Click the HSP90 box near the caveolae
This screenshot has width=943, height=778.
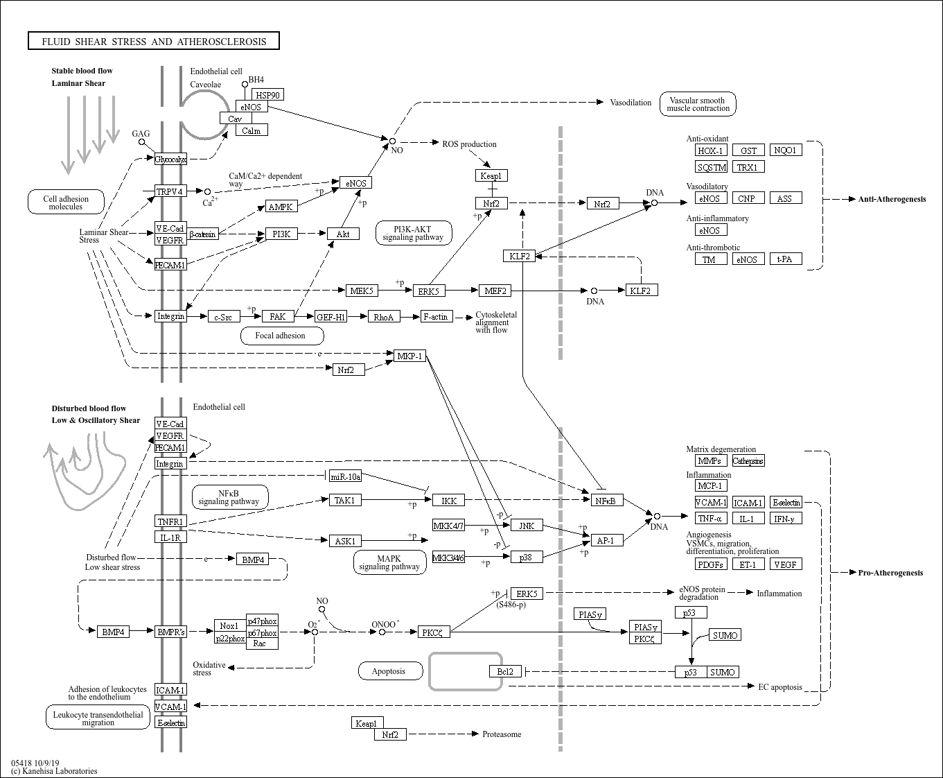pos(268,95)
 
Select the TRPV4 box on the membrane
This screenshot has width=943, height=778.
pos(170,191)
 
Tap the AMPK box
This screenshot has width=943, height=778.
pos(281,207)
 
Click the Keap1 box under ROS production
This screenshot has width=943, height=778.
pos(491,175)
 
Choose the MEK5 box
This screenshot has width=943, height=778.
pos(362,291)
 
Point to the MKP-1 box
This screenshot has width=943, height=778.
pos(409,356)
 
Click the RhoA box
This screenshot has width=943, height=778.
pos(384,317)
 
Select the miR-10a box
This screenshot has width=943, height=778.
pos(346,476)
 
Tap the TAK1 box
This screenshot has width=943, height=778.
pos(345,500)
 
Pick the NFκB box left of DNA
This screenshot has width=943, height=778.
pos(607,501)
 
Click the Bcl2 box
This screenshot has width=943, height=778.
pos(505,671)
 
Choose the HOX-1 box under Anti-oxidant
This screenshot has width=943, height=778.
pos(711,150)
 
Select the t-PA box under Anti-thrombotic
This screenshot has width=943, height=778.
pos(786,259)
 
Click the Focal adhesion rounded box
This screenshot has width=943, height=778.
pos(282,336)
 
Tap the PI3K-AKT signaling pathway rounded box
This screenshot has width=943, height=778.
pos(413,233)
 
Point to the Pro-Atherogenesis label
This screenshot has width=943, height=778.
pos(890,573)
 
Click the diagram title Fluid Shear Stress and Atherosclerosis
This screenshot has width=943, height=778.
pos(154,41)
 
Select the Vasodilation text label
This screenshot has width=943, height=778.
pos(631,103)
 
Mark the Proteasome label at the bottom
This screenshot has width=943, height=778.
pos(502,734)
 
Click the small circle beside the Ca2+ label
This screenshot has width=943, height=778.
pos(207,191)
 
